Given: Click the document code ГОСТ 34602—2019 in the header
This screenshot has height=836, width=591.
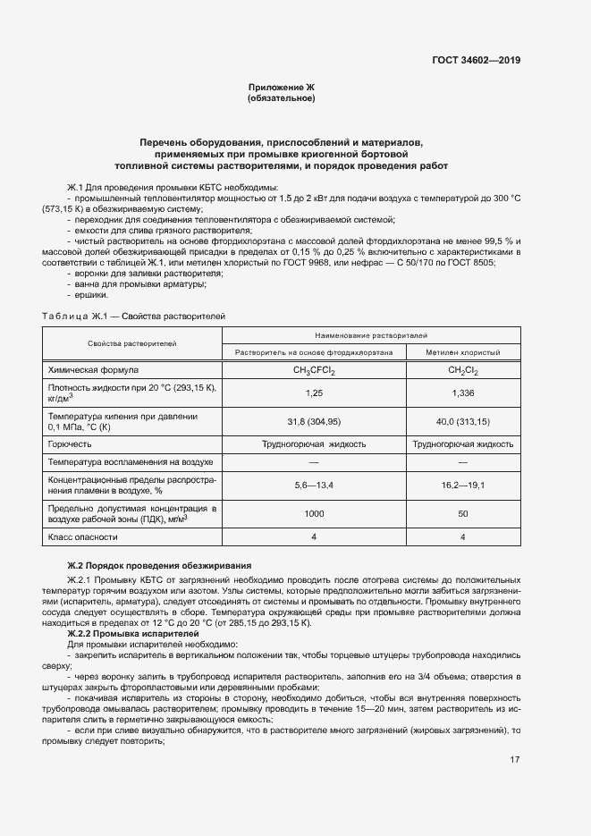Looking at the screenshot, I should [475, 61].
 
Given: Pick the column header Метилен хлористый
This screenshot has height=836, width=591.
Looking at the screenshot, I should [462, 353].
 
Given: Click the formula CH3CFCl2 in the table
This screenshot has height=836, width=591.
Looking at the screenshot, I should [313, 370].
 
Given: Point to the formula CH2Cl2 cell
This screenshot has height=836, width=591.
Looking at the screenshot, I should [462, 370].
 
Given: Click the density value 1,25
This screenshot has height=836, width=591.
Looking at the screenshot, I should [313, 393].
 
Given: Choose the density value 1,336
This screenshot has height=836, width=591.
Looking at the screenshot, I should [462, 393].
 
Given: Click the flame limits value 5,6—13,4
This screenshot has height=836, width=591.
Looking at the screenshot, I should [313, 485].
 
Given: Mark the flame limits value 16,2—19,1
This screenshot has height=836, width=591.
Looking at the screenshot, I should [462, 485].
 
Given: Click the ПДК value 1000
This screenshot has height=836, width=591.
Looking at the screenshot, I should [313, 514].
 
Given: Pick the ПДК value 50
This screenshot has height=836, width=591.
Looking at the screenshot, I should [462, 514].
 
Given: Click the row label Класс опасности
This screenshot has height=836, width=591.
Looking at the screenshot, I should [83, 537].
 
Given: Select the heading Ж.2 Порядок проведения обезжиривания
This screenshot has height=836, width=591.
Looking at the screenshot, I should [160, 565].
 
